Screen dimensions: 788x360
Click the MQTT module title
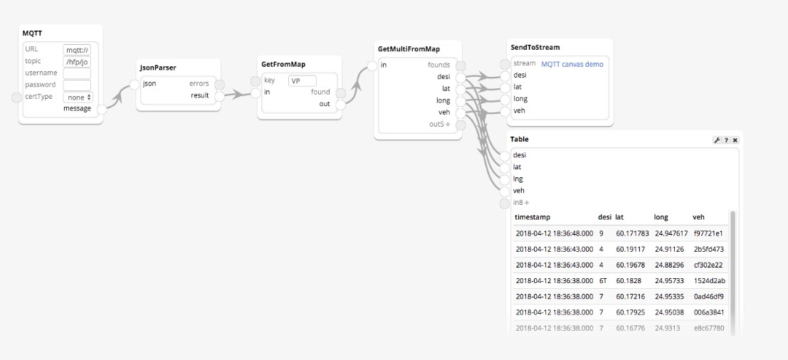(x=32, y=33)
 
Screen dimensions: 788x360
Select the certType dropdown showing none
(x=78, y=97)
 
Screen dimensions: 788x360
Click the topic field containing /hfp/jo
(x=77, y=62)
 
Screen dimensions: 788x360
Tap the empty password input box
(x=77, y=85)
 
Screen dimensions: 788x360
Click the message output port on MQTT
(x=102, y=110)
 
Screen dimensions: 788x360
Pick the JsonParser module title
(x=158, y=68)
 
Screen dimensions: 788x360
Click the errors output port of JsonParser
(x=220, y=85)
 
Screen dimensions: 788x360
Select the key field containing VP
(x=303, y=81)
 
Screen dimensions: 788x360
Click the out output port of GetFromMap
(x=341, y=105)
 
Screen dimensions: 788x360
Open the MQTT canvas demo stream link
(x=572, y=64)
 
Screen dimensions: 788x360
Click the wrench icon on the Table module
(x=717, y=140)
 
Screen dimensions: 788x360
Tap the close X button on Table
(x=735, y=140)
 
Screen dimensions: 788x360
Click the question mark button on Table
(x=726, y=140)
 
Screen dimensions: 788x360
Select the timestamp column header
(x=532, y=218)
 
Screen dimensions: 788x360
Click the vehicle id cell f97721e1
(x=708, y=233)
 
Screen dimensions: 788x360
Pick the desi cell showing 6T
(x=603, y=280)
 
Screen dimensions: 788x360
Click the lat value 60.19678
(x=630, y=265)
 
